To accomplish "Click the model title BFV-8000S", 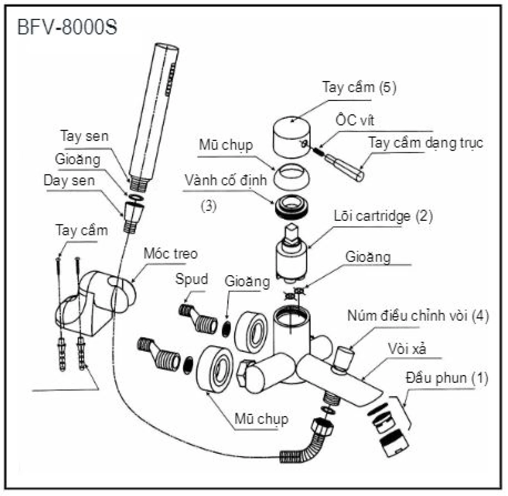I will pyautogui.click(x=67, y=27).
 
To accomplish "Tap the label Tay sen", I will pyautogui.click(x=85, y=136).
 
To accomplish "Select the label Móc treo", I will pyautogui.click(x=171, y=253).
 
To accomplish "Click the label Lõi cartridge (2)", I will pyautogui.click(x=383, y=216).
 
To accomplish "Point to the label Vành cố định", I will pyautogui.click(x=225, y=180).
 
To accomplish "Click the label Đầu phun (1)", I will pyautogui.click(x=447, y=378).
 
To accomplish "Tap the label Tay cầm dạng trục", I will pyautogui.click(x=425, y=143).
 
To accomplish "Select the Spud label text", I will pyautogui.click(x=192, y=279).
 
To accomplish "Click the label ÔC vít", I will pyautogui.click(x=355, y=120).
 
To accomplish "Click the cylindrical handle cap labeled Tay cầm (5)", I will pyautogui.click(x=291, y=137).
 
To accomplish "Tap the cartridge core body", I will pyautogui.click(x=292, y=258).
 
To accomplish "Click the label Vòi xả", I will pyautogui.click(x=407, y=349).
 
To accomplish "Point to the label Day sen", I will pyautogui.click(x=69, y=180).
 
